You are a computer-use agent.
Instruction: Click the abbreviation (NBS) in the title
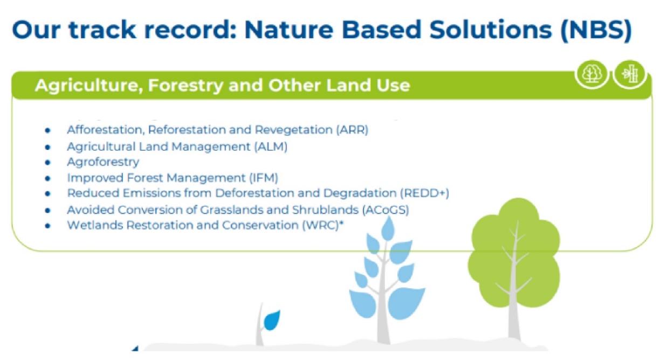click(596, 30)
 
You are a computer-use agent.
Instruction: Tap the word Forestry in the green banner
click(185, 86)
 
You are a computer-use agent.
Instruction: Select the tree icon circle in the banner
click(592, 74)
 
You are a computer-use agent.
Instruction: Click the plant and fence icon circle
click(630, 74)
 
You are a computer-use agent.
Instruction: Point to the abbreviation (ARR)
click(352, 130)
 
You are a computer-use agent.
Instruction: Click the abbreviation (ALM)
click(271, 147)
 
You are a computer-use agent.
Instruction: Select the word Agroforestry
click(103, 162)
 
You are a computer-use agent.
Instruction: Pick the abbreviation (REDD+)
click(424, 193)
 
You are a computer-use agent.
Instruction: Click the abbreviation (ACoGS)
click(386, 210)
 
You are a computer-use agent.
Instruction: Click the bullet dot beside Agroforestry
click(47, 162)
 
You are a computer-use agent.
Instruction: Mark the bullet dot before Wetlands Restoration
click(47, 226)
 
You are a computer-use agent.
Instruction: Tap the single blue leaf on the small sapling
click(272, 320)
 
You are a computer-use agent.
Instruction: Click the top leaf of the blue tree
click(388, 229)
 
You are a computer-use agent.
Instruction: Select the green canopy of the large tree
click(514, 252)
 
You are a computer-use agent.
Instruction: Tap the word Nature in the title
click(289, 30)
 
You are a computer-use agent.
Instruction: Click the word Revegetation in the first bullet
click(293, 130)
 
